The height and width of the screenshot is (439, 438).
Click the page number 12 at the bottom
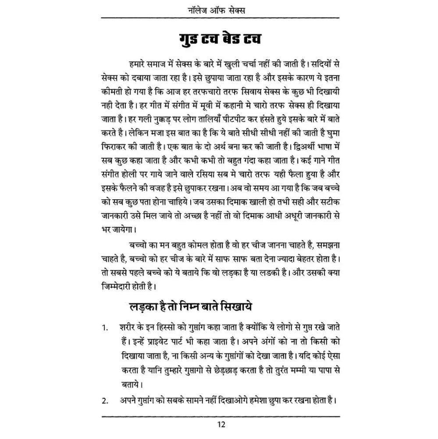(x=221, y=425)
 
